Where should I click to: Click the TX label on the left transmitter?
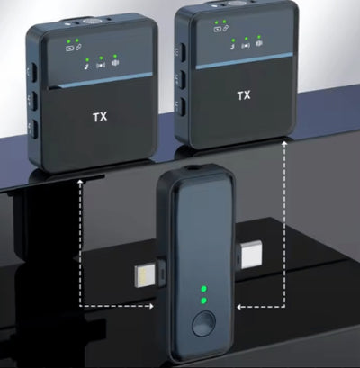[x=100, y=117]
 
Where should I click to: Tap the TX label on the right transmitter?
[x=244, y=95]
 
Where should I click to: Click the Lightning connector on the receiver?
[x=147, y=276]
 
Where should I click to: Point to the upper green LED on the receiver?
[x=203, y=289]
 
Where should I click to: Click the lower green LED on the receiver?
[x=203, y=301]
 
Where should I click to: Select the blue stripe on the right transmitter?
[x=245, y=61]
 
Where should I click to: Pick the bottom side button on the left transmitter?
[x=35, y=130]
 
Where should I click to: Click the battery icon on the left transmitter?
[x=69, y=48]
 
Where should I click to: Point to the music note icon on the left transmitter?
[x=86, y=67]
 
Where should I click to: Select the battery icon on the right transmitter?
[x=217, y=29]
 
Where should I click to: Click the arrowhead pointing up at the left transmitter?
[x=80, y=182]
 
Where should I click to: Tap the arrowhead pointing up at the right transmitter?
[x=284, y=144]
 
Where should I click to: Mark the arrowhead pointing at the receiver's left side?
[x=151, y=306]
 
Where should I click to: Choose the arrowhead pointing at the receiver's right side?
[x=239, y=307]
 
